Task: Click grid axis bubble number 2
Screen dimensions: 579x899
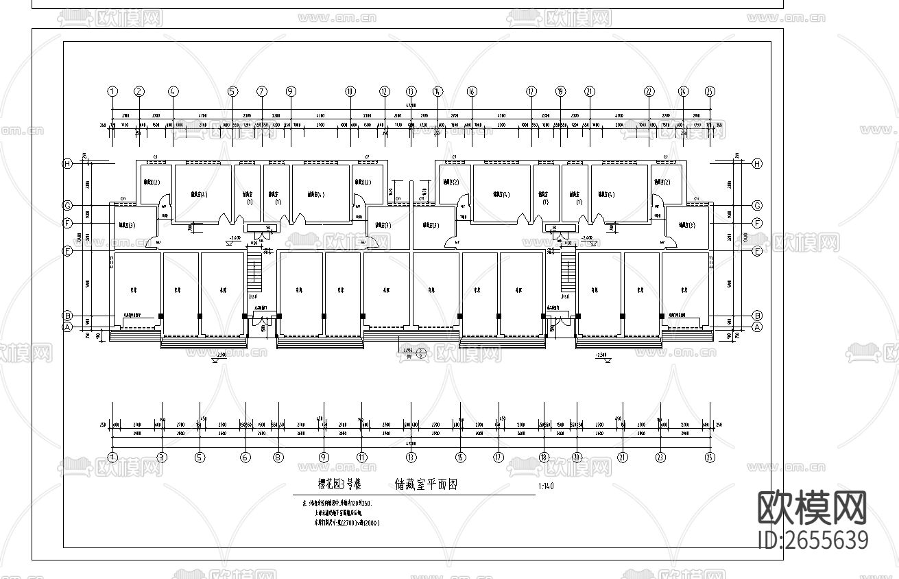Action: (x=139, y=91)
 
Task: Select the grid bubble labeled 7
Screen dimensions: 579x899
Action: (x=261, y=91)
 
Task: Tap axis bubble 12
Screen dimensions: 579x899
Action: (x=385, y=91)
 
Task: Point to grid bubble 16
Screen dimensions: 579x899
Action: (x=471, y=91)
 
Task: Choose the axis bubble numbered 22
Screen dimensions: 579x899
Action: (x=648, y=91)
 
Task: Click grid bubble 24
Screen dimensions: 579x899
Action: (x=683, y=91)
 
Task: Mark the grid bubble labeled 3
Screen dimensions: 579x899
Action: (x=162, y=457)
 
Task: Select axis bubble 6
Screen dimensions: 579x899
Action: (x=245, y=457)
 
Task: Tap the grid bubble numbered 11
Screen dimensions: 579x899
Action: (x=361, y=457)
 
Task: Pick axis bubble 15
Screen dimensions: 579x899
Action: (x=461, y=457)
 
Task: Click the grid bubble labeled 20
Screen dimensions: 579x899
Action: (x=577, y=457)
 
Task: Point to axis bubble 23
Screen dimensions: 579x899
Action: (x=660, y=457)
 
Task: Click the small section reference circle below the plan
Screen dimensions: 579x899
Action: (x=421, y=353)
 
